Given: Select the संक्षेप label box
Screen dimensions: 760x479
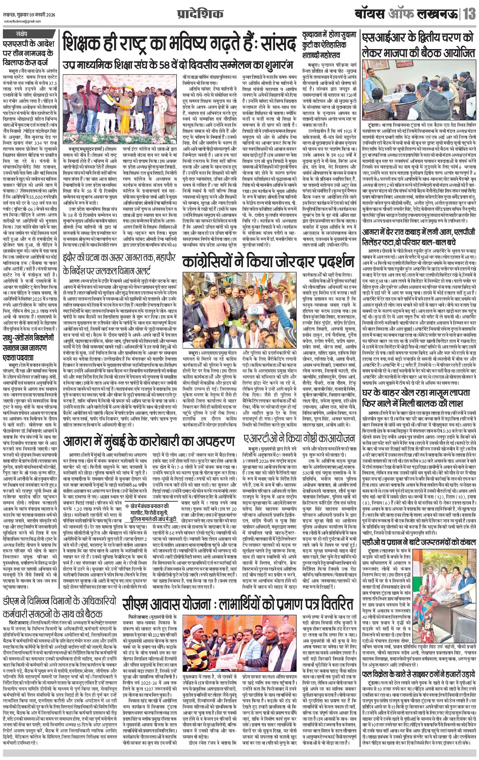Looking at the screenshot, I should (x=22, y=34).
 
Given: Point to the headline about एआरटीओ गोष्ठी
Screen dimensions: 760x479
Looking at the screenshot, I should (x=299, y=439).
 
